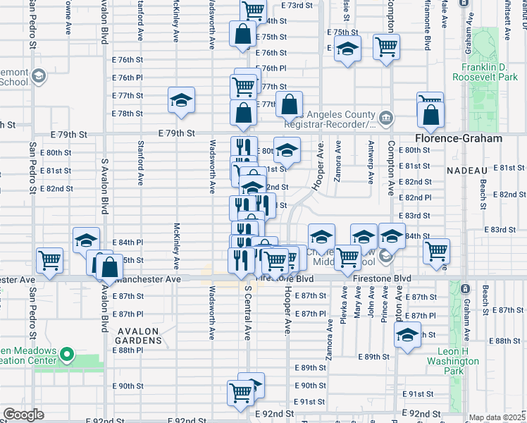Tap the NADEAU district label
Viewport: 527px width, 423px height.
click(467, 171)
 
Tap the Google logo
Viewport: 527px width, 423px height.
click(23, 415)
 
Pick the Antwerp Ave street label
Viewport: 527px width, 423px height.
click(371, 160)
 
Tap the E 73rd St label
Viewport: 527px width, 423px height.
click(296, 5)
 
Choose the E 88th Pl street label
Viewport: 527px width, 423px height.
click(128, 350)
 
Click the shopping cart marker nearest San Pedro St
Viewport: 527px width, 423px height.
click(50, 262)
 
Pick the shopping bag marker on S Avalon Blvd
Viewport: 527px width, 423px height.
click(109, 269)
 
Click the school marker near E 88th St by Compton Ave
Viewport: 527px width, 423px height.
click(407, 337)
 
